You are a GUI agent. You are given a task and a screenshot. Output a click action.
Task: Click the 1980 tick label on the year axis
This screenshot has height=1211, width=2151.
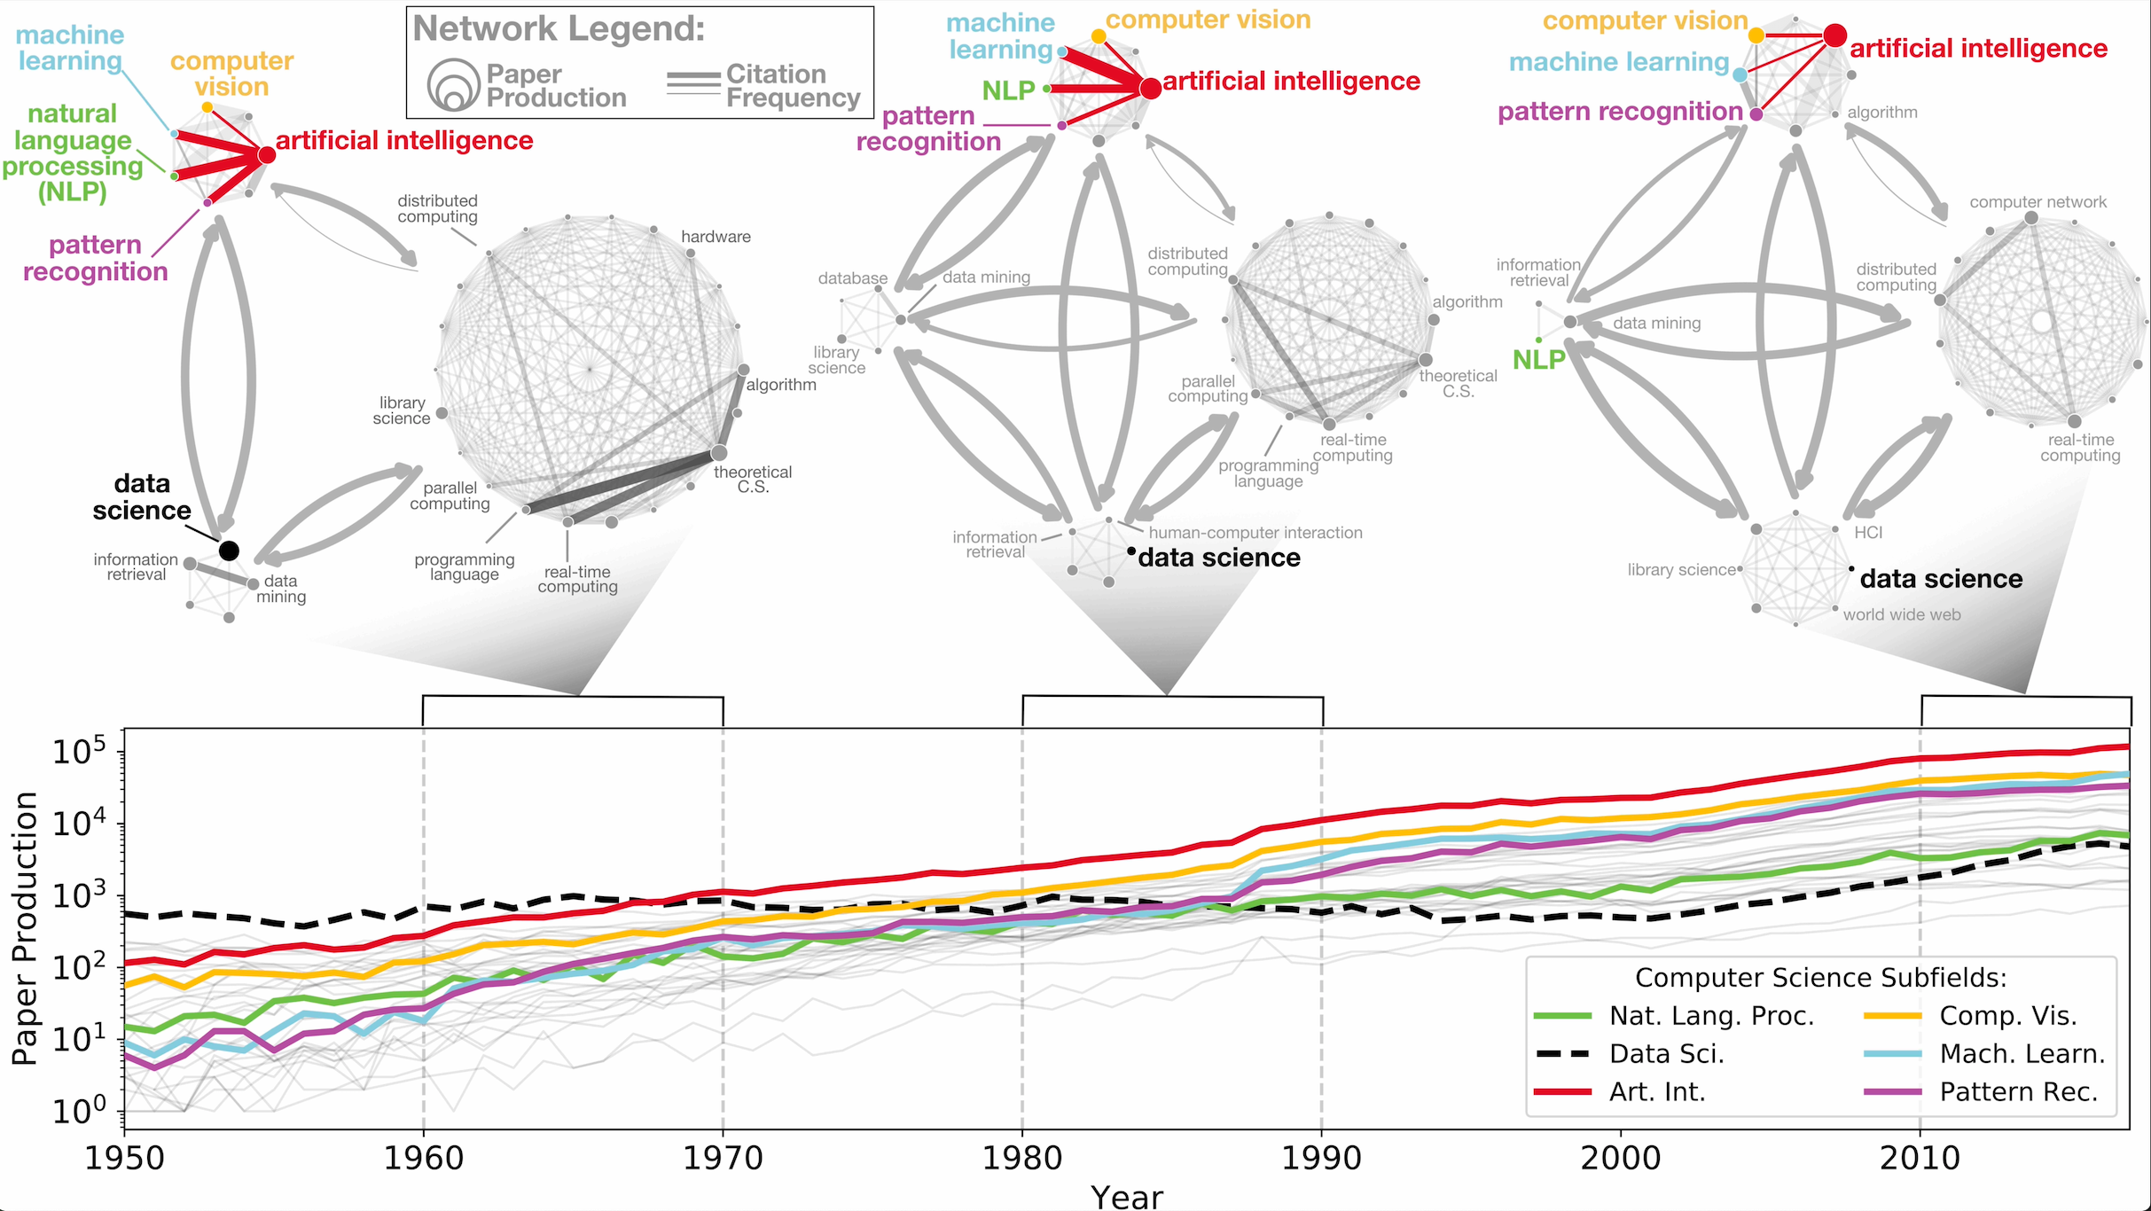pos(1021,1158)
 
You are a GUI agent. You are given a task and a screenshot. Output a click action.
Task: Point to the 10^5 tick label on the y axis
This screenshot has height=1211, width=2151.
pos(78,752)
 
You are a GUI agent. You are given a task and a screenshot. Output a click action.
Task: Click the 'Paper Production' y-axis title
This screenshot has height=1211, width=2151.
pos(24,927)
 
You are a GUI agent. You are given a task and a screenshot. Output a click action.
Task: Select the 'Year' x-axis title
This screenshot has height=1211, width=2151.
pos(1126,1197)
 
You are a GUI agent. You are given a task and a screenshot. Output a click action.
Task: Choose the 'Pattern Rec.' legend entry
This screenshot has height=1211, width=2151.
pos(2018,1092)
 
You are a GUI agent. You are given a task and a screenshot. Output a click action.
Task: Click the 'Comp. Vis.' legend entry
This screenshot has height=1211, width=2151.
pos(2007,1016)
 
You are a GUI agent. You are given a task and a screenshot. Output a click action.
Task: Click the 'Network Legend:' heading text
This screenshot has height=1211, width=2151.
pos(559,29)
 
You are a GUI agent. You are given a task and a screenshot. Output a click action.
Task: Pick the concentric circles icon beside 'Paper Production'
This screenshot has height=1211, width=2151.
pos(453,86)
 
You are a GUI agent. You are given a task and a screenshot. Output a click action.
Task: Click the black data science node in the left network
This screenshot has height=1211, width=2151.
pos(229,551)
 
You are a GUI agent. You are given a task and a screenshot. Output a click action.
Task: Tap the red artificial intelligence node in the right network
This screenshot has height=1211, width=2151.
pos(1834,35)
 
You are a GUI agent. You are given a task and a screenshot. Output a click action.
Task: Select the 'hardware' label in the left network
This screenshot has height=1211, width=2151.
pos(716,237)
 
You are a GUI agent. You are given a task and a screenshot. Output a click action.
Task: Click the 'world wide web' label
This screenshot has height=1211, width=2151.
pos(1901,615)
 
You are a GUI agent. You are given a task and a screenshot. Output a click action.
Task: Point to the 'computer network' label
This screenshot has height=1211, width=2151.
pos(2038,202)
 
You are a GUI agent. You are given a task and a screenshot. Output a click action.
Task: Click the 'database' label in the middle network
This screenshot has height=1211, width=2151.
pos(852,278)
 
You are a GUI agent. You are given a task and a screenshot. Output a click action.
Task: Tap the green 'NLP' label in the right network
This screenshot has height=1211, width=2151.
pos(1538,360)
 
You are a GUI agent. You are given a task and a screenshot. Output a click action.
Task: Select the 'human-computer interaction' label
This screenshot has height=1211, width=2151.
pos(1255,533)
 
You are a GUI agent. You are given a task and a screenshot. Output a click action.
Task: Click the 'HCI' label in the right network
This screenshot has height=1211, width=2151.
pos(1868,533)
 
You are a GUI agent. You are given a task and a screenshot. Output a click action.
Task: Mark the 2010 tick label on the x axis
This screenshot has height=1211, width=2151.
pos(1920,1158)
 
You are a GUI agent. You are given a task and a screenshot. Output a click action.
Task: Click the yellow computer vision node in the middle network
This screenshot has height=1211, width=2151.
pos(1099,36)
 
